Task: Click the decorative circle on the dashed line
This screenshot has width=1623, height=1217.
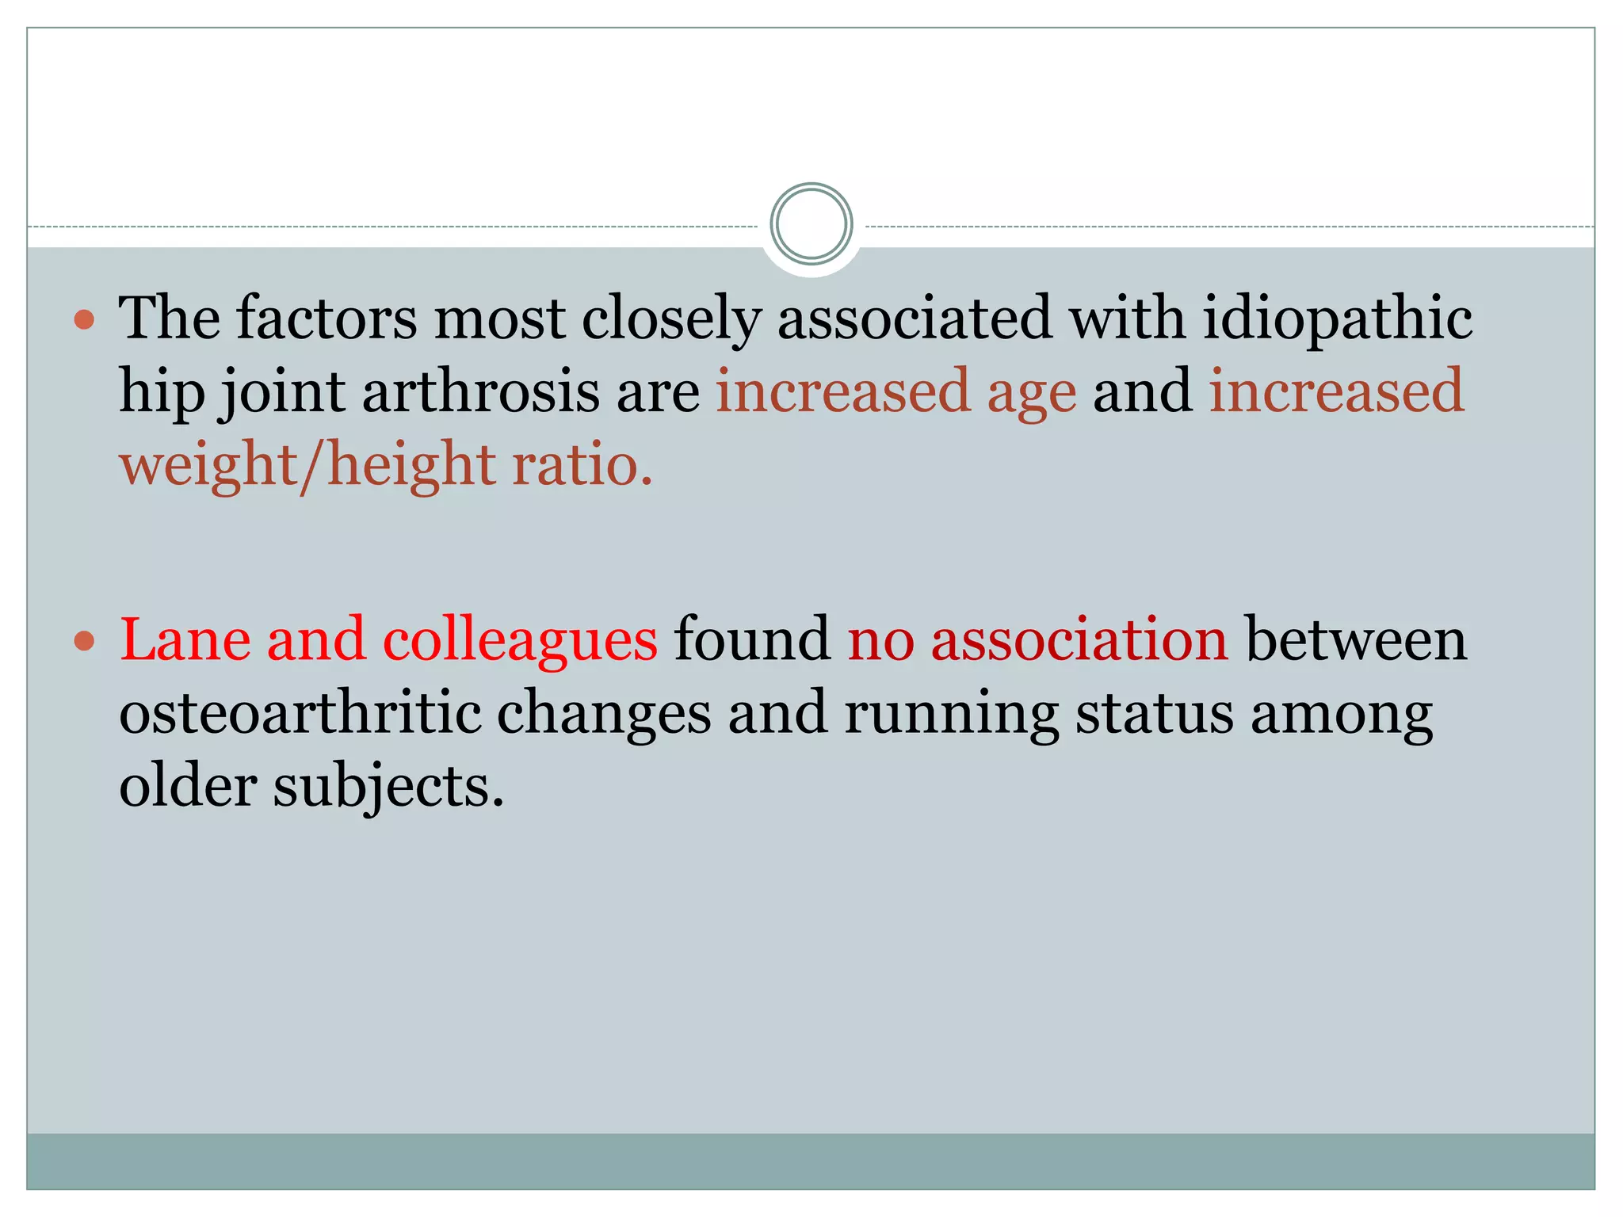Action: tap(811, 224)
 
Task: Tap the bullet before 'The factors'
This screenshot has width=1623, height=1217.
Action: tap(84, 320)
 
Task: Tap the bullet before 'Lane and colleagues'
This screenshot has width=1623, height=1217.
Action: tap(84, 640)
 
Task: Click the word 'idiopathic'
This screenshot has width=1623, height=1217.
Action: tap(1337, 319)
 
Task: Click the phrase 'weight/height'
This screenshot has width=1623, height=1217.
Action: tap(307, 466)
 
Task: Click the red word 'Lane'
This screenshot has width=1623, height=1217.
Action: tap(182, 639)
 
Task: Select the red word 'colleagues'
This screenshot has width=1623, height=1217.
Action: tap(520, 640)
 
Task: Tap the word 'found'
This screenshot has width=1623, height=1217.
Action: tap(751, 639)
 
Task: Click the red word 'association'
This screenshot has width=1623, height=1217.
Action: tap(1079, 639)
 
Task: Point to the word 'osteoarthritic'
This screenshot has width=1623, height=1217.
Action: tap(300, 712)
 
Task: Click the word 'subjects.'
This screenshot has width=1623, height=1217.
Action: tap(388, 787)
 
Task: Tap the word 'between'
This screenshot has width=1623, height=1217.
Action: tap(1356, 639)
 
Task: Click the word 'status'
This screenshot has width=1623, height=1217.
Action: tap(1154, 712)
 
